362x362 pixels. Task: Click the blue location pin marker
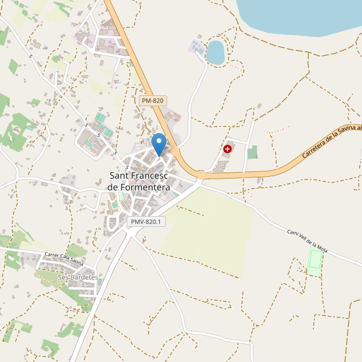coord(159,145)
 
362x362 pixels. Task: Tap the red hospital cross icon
coord(227,148)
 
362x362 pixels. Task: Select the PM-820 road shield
coord(152,101)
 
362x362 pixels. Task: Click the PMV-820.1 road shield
coord(145,221)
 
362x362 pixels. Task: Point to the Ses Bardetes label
coord(78,277)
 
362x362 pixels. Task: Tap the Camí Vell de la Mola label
coord(316,242)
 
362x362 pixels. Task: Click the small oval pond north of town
coord(215,52)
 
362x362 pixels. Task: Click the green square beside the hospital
coord(252,153)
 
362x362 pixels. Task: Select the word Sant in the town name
coord(119,176)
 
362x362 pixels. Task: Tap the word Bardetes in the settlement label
coord(84,277)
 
